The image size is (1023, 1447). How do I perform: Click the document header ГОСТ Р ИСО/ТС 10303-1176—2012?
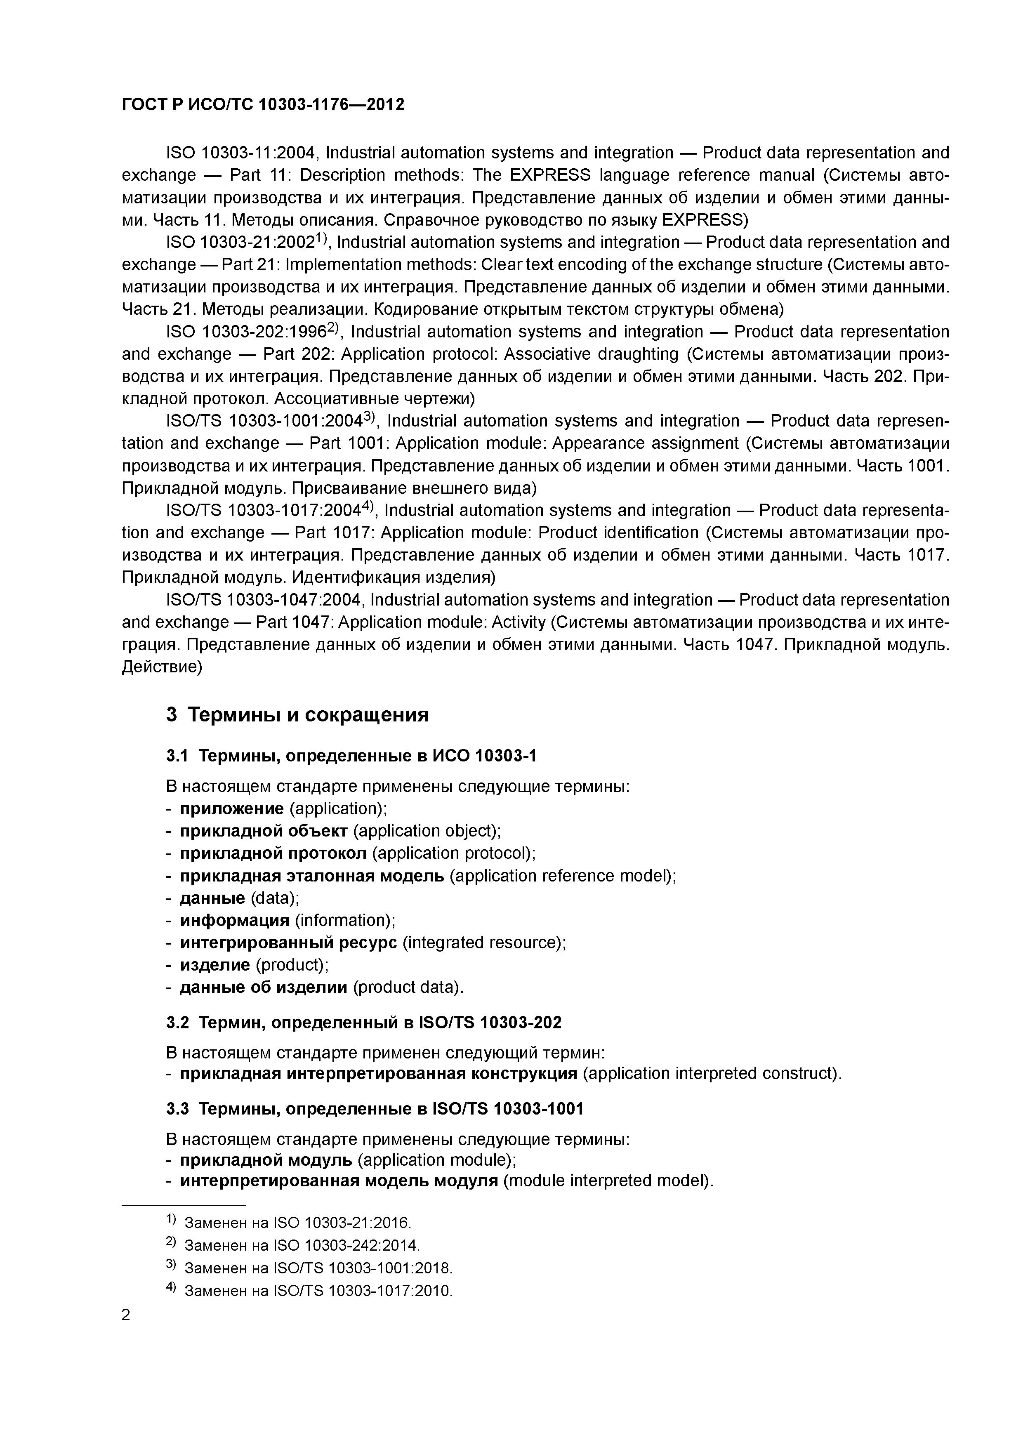(x=263, y=105)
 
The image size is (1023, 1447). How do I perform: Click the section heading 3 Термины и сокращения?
(x=297, y=715)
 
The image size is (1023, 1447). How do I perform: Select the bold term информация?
(x=234, y=920)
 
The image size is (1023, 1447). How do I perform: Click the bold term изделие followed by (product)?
(x=215, y=964)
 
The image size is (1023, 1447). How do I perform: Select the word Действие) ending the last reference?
(x=161, y=667)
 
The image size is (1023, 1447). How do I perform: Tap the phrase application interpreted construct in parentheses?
(x=710, y=1073)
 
